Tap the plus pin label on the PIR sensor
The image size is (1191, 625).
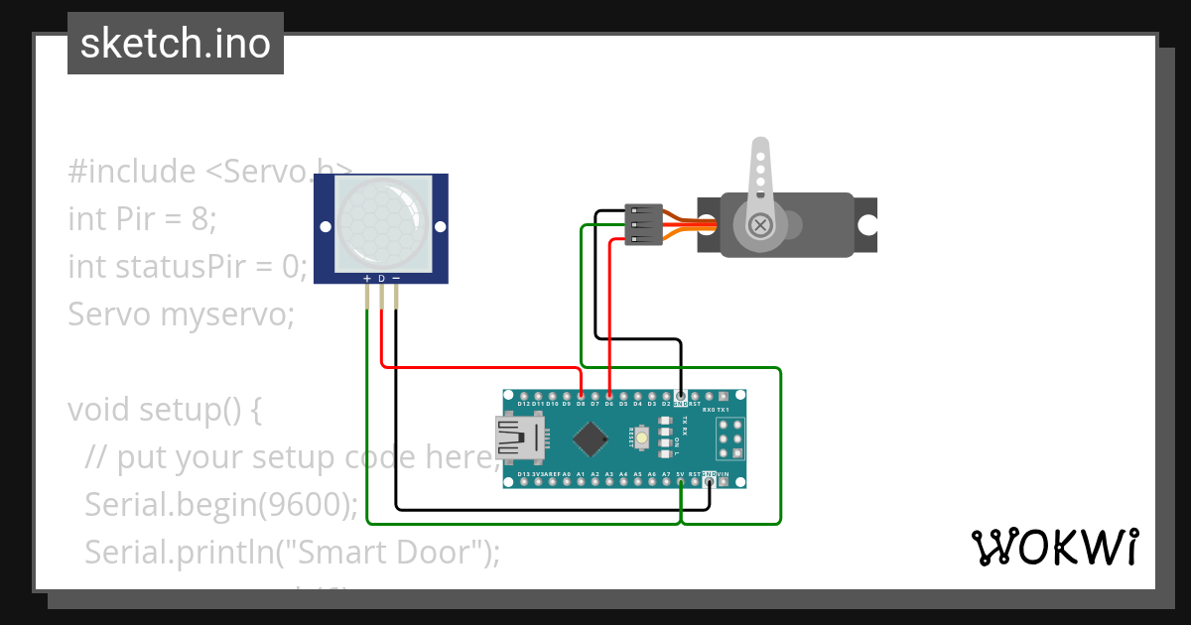click(367, 279)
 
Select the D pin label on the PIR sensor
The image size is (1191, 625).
click(381, 279)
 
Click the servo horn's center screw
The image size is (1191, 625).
click(761, 225)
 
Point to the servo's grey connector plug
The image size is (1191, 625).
click(644, 225)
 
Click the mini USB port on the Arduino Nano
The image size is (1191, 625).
click(519, 438)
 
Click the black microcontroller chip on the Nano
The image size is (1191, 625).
click(592, 438)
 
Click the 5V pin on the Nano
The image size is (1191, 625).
click(680, 481)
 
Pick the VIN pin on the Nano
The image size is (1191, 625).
click(723, 481)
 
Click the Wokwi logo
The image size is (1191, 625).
click(1054, 547)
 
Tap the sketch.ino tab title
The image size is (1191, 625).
click(176, 44)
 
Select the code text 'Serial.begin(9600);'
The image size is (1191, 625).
click(221, 505)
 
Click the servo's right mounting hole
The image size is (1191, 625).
click(867, 225)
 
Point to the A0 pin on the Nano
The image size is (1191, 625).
click(566, 481)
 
